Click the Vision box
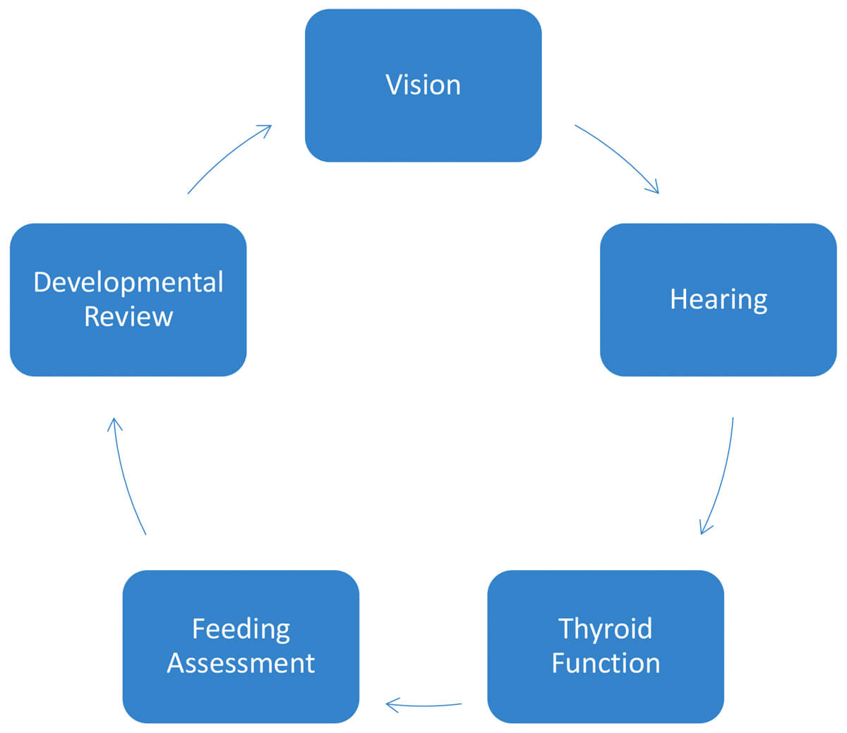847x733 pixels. click(423, 85)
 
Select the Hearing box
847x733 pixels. click(718, 300)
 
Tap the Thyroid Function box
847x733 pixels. click(605, 646)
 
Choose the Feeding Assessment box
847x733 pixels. click(241, 646)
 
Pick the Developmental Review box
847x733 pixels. click(128, 300)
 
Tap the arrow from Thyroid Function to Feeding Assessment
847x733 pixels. click(423, 705)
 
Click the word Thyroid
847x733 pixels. click(605, 629)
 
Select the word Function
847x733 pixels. click(606, 663)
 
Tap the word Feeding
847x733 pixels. click(241, 629)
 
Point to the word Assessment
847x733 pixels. click(241, 663)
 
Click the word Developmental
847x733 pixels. click(128, 282)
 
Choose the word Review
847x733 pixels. click(128, 317)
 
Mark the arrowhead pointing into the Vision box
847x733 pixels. click(266, 129)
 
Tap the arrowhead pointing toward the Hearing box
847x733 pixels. click(654, 188)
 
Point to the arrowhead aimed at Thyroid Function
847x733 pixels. click(704, 528)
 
